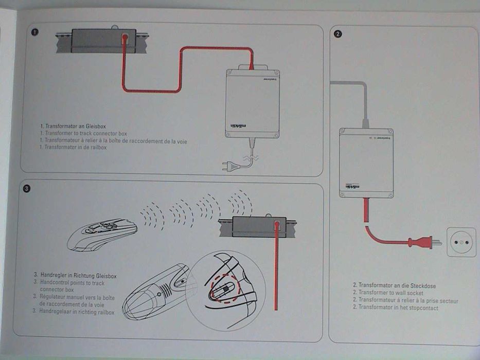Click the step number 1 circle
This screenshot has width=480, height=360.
(34, 32)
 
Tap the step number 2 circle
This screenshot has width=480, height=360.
(338, 34)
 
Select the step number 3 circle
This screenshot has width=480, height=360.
(26, 189)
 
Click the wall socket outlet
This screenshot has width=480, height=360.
(461, 242)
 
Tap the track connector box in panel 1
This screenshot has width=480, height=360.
(103, 40)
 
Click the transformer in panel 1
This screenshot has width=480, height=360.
(252, 103)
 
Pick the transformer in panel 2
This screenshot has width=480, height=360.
(366, 163)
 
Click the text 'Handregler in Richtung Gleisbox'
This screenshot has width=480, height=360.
(76, 276)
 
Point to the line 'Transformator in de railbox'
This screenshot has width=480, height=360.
(73, 147)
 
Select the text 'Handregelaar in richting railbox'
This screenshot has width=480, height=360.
(74, 312)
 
